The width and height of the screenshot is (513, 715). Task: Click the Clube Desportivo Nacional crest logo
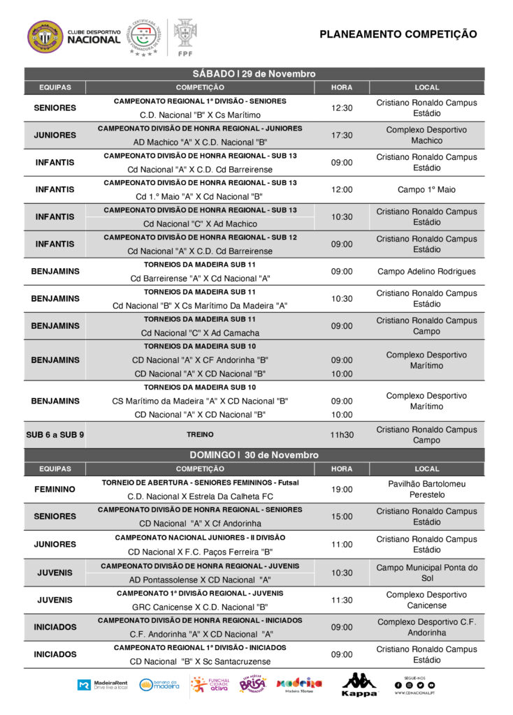pos(45,36)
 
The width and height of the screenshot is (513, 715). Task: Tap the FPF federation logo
pos(185,36)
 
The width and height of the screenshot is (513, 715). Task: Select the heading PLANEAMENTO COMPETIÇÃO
pos(398,34)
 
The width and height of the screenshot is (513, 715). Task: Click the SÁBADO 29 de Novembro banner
pos(254,74)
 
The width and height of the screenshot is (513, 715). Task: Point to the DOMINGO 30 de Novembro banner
pos(254,455)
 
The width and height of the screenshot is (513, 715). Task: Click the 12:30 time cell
pos(342,108)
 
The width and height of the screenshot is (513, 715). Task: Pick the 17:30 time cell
pos(342,135)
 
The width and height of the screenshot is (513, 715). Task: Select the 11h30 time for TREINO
pos(342,435)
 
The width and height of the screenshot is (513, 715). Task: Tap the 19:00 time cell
pos(342,489)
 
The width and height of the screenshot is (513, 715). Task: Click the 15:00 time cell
pos(342,517)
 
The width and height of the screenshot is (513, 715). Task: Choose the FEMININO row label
pos(55,489)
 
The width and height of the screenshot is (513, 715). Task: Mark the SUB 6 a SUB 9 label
pos(55,435)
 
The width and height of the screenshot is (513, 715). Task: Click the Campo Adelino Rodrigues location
pos(426,272)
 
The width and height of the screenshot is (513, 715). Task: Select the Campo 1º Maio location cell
pos(426,190)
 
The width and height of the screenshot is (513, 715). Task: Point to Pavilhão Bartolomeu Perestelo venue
pos(426,489)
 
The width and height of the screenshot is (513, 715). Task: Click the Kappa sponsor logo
pos(359,685)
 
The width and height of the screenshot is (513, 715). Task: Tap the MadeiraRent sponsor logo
pos(102,685)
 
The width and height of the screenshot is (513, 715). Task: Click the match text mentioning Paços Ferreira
pos(201,552)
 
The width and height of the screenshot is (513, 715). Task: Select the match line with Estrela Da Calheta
pos(201,496)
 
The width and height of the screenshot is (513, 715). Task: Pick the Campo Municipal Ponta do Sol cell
pos(426,573)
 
